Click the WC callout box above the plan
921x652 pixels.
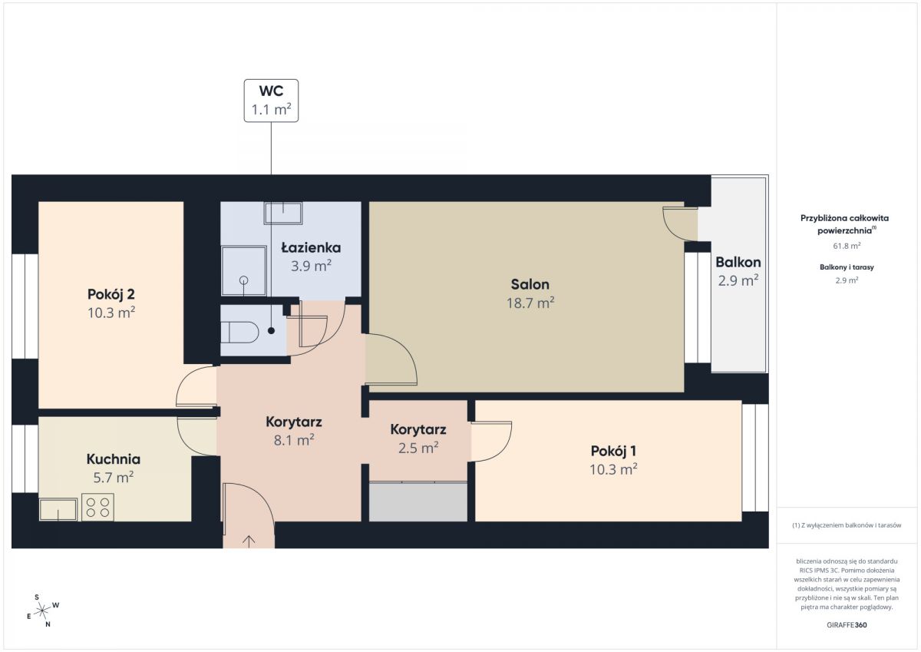pos(271,101)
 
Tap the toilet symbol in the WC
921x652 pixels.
pos(239,333)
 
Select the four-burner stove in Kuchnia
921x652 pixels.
pos(98,507)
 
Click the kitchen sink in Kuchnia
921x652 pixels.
pos(58,509)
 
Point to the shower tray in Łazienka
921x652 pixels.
pos(244,270)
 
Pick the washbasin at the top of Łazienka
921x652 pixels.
pos(283,213)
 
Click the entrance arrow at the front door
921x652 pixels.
pos(249,541)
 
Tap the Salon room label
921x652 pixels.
pos(530,284)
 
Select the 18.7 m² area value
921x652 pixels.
pos(530,303)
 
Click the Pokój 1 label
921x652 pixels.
pos(613,451)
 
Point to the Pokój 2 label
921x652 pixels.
pos(111,294)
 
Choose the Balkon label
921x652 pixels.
pos(738,262)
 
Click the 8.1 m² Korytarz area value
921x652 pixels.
pos(294,441)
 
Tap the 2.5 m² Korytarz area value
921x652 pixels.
pos(418,448)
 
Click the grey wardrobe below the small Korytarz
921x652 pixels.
pos(418,501)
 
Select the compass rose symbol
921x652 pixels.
pos(42,611)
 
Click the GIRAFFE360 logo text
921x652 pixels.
pos(847,625)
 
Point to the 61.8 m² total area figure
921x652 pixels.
pos(847,246)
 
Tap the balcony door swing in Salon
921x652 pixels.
pos(680,223)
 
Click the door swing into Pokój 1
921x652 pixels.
pos(491,442)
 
